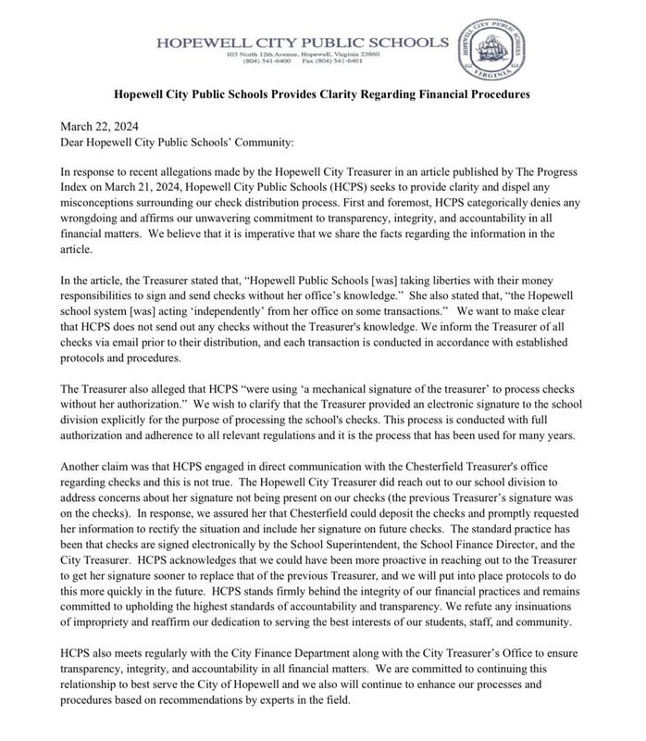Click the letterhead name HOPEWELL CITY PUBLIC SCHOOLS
pyautogui.click(x=302, y=42)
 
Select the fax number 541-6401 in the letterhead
pyautogui.click(x=352, y=61)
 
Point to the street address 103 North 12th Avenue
pyautogui.click(x=267, y=54)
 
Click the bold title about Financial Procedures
pyautogui.click(x=321, y=94)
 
